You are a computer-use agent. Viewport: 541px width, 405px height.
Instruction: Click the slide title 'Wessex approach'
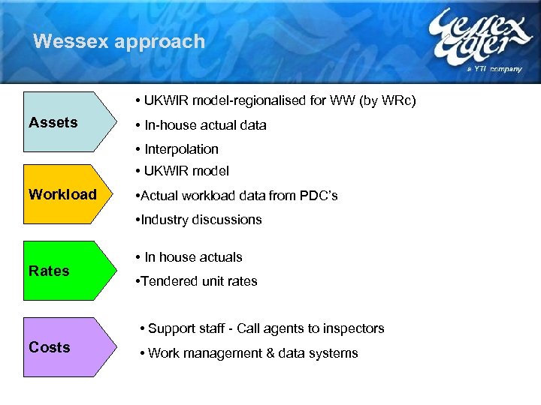click(x=119, y=41)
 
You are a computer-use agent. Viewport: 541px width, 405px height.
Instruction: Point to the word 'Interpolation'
click(x=181, y=149)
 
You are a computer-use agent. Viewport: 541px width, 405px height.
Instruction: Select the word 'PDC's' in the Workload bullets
click(x=318, y=196)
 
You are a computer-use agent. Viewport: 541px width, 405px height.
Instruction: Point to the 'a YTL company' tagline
click(x=494, y=68)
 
